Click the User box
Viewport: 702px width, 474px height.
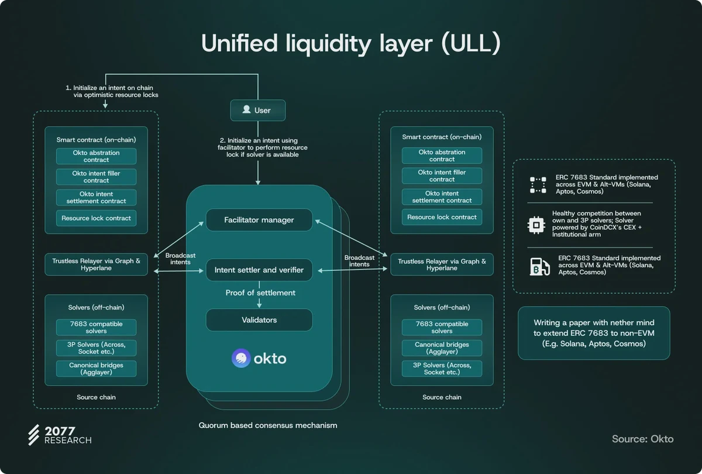[x=257, y=110]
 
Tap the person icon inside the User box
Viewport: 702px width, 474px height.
[x=246, y=110]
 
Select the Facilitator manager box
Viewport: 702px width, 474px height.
[x=259, y=220]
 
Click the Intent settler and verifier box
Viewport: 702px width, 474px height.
[x=259, y=270]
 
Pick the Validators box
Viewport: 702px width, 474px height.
[x=259, y=320]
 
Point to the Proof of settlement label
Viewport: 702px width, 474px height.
[x=260, y=293]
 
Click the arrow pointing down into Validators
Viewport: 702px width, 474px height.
[x=259, y=304]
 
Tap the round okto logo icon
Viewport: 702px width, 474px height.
[x=241, y=358]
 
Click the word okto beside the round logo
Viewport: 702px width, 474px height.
[x=270, y=358]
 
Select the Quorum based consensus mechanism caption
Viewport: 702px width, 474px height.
[x=268, y=425]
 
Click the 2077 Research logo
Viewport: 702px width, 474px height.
[x=60, y=435]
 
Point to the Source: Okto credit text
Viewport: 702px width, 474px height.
[x=642, y=439]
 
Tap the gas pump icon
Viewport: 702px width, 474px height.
[x=539, y=266]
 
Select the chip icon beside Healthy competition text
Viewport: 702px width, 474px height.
[x=535, y=224]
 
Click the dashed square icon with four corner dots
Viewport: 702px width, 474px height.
[x=538, y=185]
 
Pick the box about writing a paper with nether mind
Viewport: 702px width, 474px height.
[x=594, y=333]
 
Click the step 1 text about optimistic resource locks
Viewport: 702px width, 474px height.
[x=112, y=91]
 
